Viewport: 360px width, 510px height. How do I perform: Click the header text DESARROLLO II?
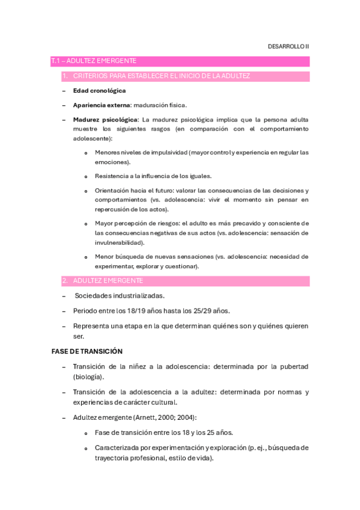pyautogui.click(x=288, y=46)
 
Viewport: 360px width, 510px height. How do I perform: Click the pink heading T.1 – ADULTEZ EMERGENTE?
pyautogui.click(x=94, y=61)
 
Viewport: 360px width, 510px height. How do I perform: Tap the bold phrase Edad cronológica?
pyautogui.click(x=99, y=90)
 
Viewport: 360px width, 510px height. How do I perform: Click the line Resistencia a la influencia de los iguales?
pyautogui.click(x=153, y=176)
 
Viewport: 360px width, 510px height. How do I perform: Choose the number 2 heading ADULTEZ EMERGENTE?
pyautogui.click(x=108, y=280)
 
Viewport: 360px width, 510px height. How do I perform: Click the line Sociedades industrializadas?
pyautogui.click(x=120, y=295)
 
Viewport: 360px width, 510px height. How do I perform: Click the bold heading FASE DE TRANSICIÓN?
pyautogui.click(x=87, y=351)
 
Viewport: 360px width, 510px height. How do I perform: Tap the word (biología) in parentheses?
pyautogui.click(x=88, y=376)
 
